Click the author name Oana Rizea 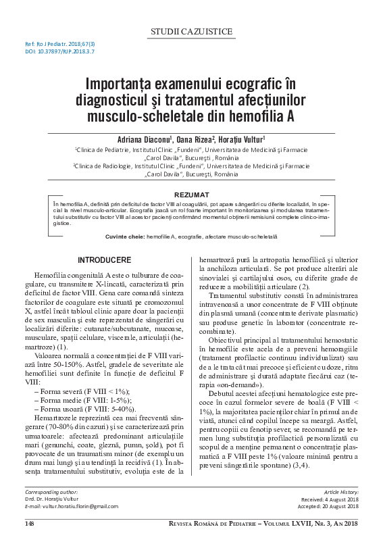click(192, 138)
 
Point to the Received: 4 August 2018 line click(332, 518)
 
